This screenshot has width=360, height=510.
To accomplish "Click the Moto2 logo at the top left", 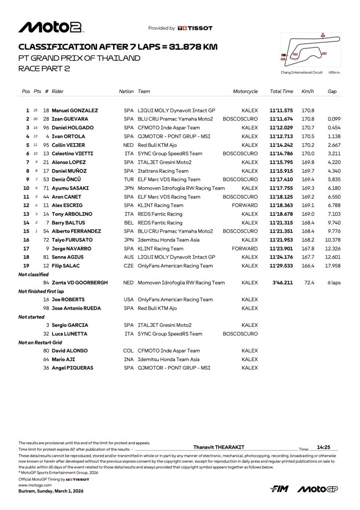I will [x=51, y=27].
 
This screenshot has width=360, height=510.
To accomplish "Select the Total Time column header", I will [x=281, y=92].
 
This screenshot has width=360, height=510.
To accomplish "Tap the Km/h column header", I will [x=307, y=92].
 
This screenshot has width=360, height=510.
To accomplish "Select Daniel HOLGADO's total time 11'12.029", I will [x=281, y=127].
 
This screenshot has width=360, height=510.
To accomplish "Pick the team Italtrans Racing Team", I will [x=163, y=171].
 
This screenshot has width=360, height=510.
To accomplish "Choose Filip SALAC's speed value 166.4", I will [x=308, y=265].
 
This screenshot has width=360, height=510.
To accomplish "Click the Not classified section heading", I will [x=33, y=274].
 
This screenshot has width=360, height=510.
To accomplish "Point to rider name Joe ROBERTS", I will [x=68, y=300].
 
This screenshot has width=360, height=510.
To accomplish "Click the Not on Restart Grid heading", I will [x=40, y=343].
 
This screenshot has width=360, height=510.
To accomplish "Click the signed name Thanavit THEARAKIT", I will [x=219, y=447].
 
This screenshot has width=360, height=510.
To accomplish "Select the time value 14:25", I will [x=324, y=447].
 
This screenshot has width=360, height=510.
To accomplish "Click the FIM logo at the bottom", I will [x=279, y=490].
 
